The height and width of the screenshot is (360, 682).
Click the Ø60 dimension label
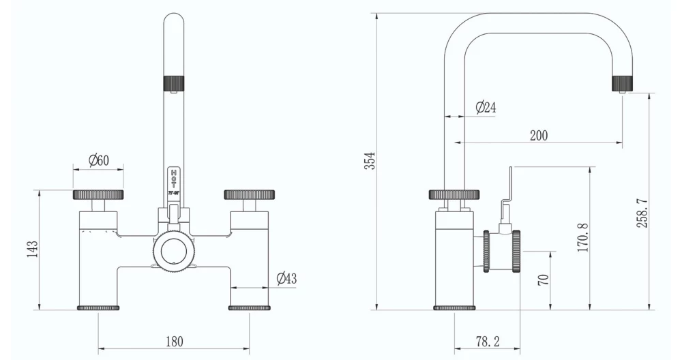(99, 161)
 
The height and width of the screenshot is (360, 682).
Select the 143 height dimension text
(31, 250)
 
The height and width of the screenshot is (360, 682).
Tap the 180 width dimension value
(174, 341)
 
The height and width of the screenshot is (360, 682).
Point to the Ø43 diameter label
(286, 278)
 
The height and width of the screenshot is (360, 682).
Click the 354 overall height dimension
(369, 161)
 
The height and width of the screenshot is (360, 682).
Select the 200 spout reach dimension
(539, 135)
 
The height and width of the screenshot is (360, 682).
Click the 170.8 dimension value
(582, 237)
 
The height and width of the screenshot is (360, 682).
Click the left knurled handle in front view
(98, 194)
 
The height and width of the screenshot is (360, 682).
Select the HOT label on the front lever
(173, 178)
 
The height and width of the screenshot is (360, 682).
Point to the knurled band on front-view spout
(173, 82)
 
